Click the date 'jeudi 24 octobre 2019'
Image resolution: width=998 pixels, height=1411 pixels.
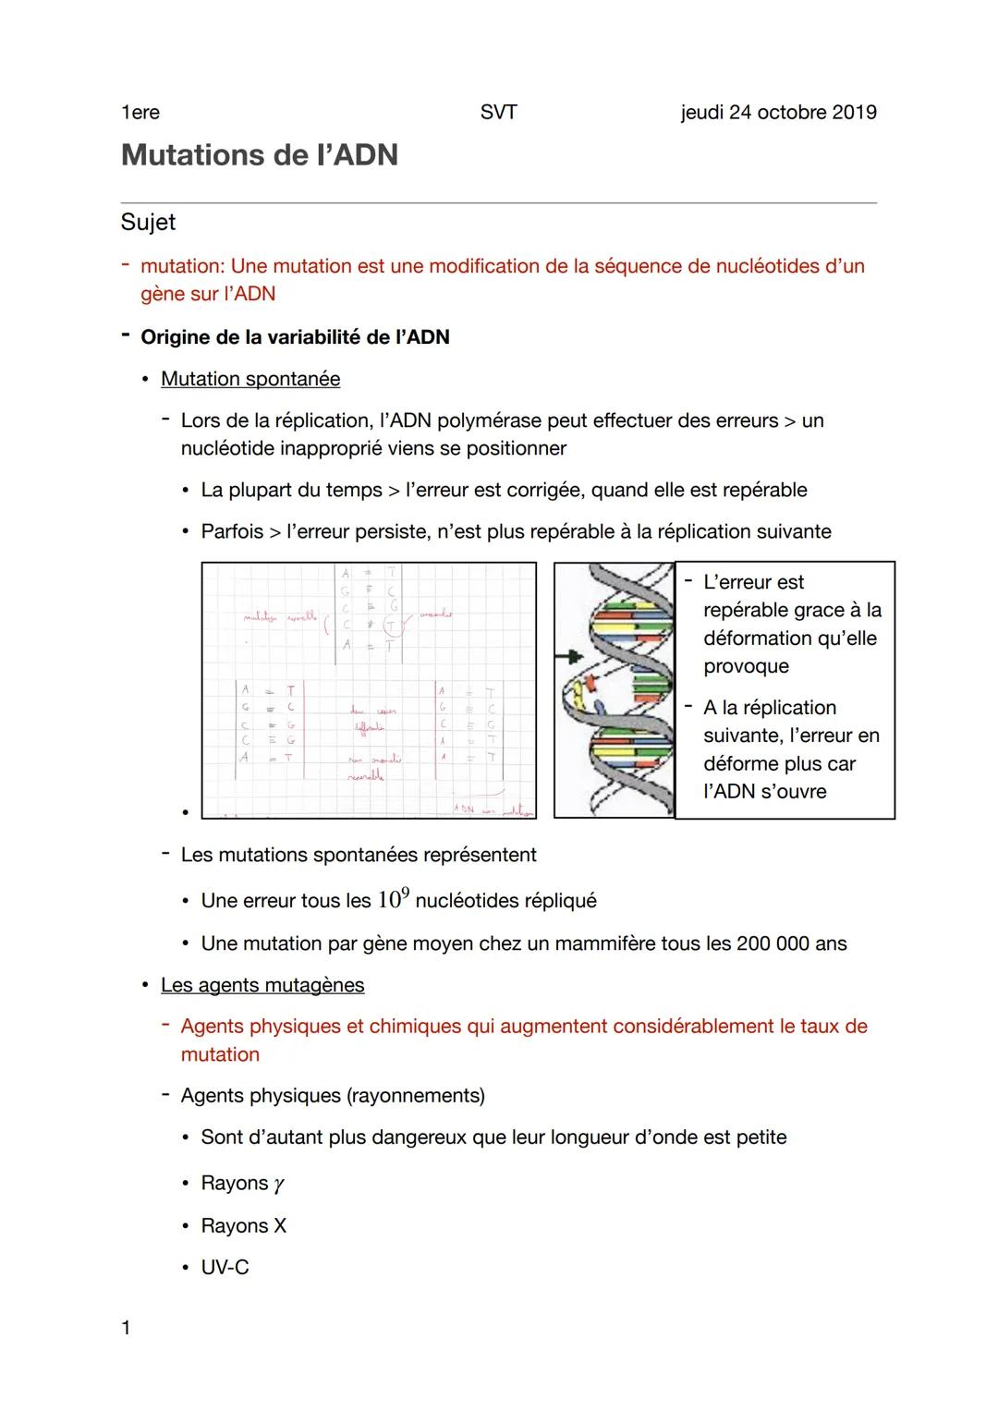pos(778,113)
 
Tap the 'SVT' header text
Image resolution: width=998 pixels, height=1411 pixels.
pos(498,113)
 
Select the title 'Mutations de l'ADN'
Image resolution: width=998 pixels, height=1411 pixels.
pos(260,154)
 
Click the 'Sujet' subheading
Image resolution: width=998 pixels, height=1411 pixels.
pos(148,223)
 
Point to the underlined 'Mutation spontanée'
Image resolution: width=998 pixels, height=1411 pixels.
pos(250,379)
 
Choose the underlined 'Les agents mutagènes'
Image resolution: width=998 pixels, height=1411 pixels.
pos(262,985)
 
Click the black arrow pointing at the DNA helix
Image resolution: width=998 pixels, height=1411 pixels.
pos(565,656)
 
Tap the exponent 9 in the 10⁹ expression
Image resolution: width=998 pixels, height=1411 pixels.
pos(405,892)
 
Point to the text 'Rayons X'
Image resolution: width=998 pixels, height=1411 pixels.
pos(244,1226)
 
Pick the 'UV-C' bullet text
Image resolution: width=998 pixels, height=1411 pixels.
pos(225,1268)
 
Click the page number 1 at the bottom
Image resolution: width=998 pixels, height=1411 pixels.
pos(126,1328)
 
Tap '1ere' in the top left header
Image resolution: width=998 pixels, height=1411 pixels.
pos(140,113)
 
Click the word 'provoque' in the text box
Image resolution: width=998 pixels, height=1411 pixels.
pos(746,666)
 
